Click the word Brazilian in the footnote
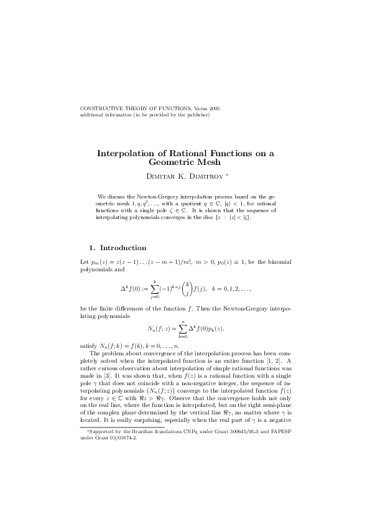144,431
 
